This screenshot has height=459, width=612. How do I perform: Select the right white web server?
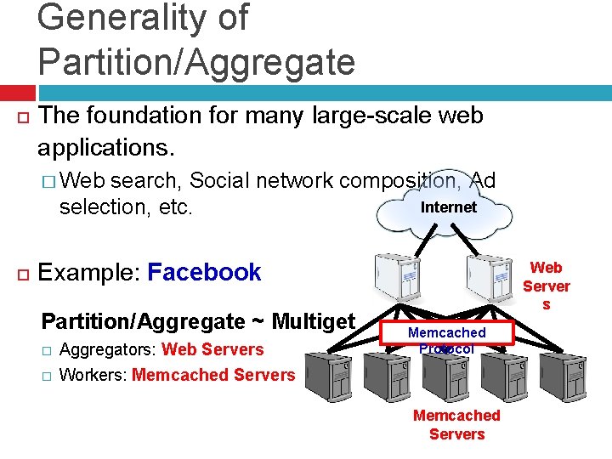tap(490, 276)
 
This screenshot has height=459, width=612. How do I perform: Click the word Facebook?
tap(204, 273)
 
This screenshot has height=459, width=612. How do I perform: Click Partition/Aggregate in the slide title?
tap(196, 61)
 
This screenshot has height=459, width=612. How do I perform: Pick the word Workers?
tap(93, 375)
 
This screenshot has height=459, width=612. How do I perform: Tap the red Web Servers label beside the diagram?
tap(546, 286)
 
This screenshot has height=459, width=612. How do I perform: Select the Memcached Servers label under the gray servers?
tap(456, 425)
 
